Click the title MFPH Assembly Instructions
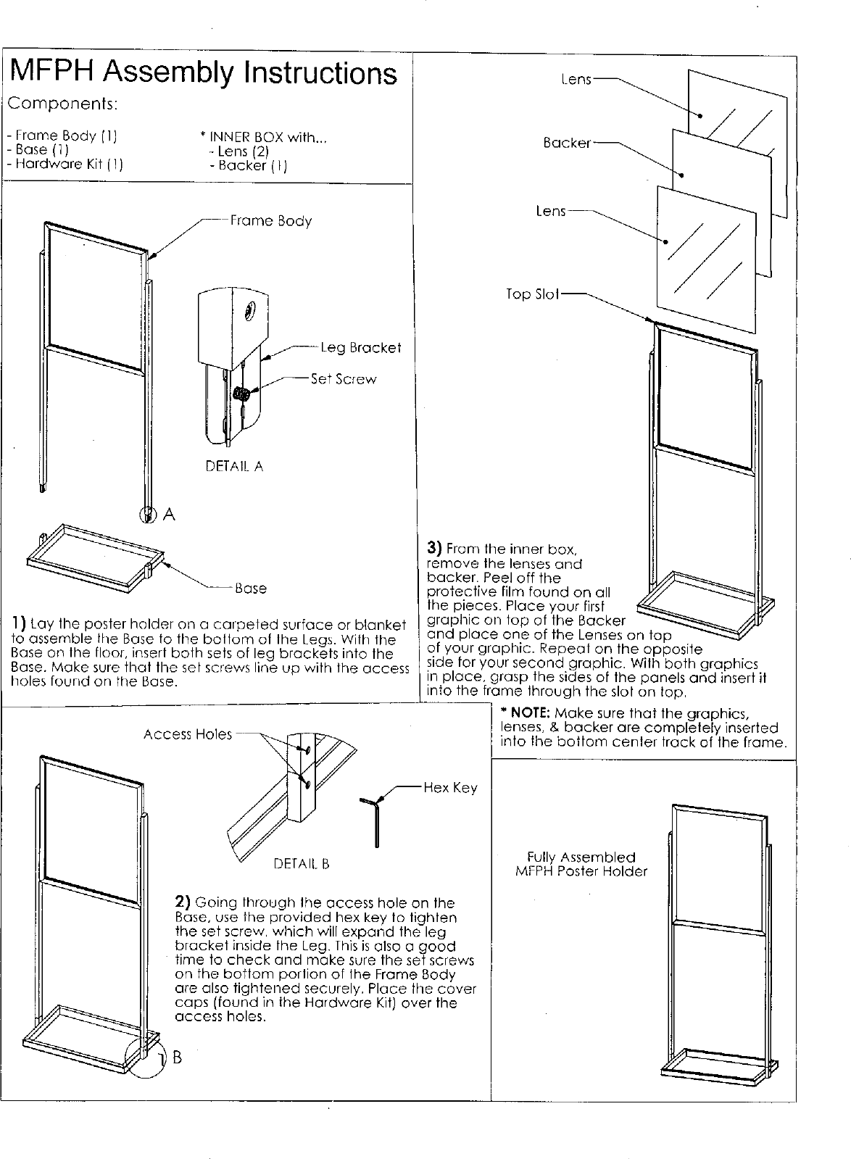pos(204,73)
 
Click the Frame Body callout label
pos(270,220)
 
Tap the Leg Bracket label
pos(360,348)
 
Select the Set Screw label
pos(344,379)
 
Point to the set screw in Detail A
pos(243,394)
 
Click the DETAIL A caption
pos(234,466)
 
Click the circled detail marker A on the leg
pos(148,514)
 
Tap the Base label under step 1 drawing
pos(250,589)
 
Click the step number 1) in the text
pos(19,624)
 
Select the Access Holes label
pos(187,734)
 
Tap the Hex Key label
pos(450,788)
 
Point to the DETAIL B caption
pos(301,863)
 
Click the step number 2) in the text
pos(183,902)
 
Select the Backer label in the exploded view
pos(567,143)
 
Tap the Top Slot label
pos(532,294)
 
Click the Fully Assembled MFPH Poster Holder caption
pos(581,864)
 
